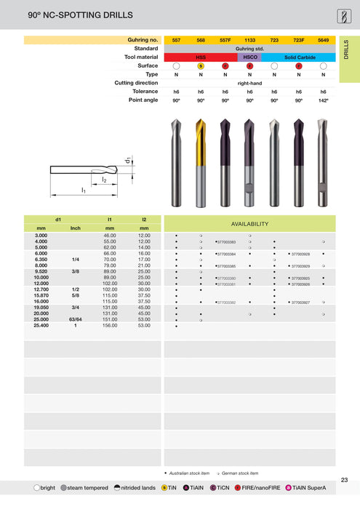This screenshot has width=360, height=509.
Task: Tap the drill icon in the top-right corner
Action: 343,15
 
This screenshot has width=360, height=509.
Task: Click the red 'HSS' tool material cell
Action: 201,57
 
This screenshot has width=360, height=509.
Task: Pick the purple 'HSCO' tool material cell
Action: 249,57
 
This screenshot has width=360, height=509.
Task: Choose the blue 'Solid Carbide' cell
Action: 298,57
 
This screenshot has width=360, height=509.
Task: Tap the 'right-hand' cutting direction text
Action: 249,83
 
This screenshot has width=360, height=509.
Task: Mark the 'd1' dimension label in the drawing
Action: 128,160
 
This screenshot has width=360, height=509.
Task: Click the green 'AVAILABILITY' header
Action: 249,224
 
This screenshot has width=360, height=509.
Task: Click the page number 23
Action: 344,480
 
